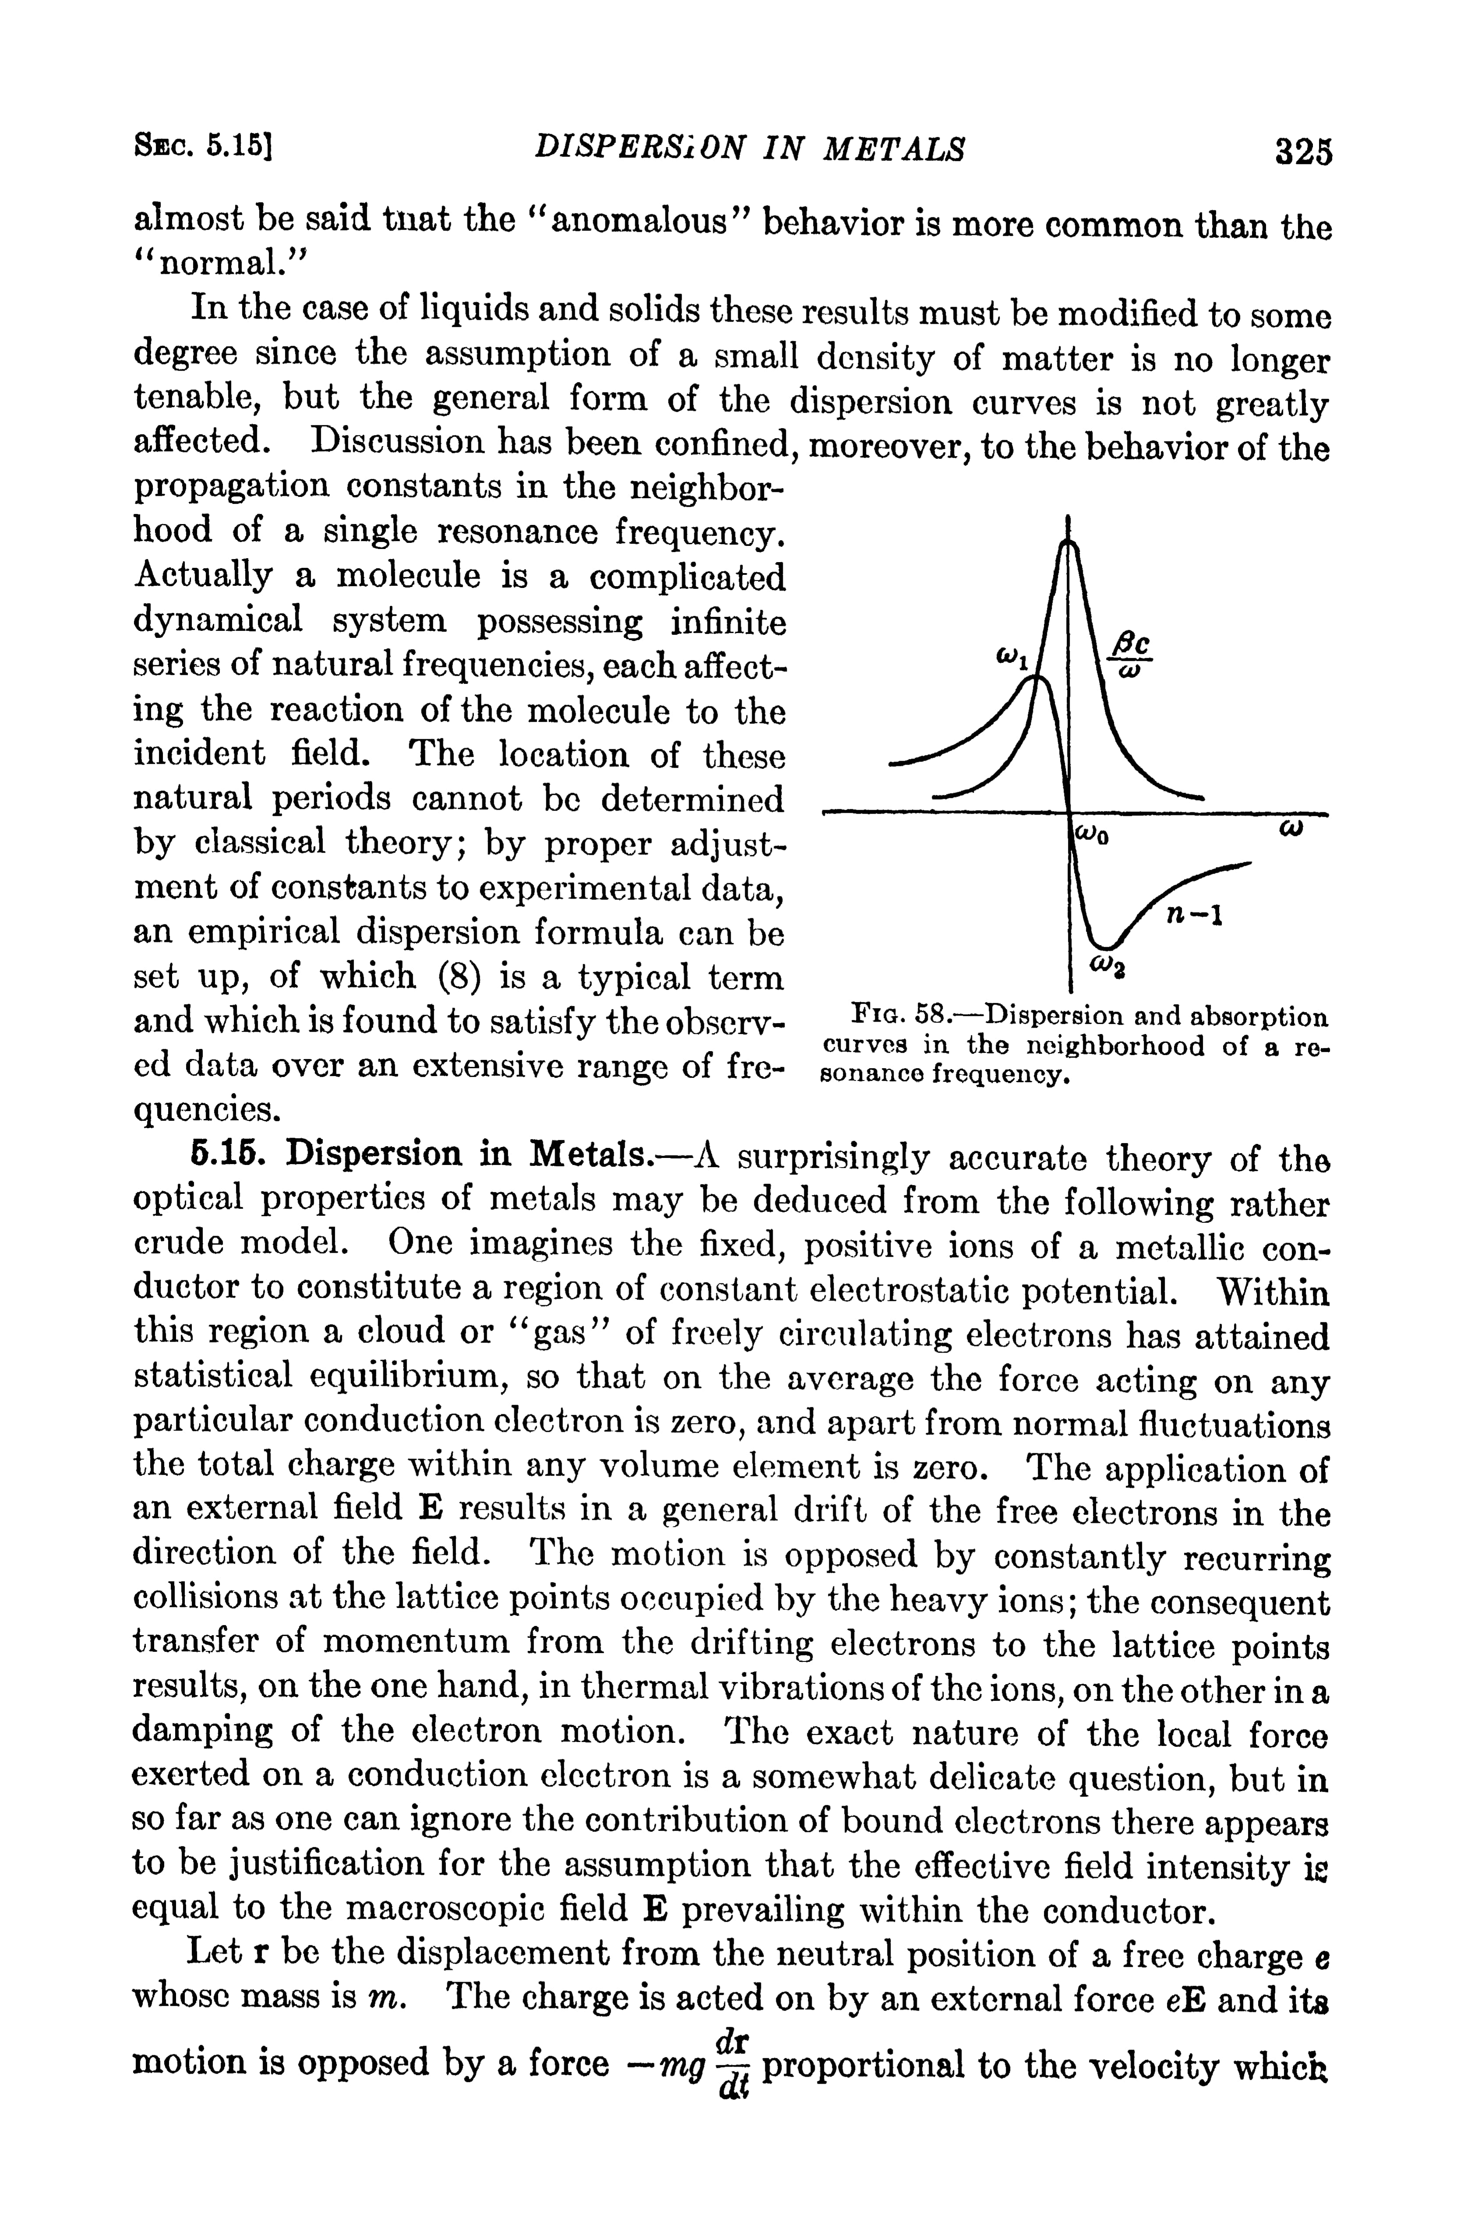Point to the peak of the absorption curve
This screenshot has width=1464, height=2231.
click(1068, 544)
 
